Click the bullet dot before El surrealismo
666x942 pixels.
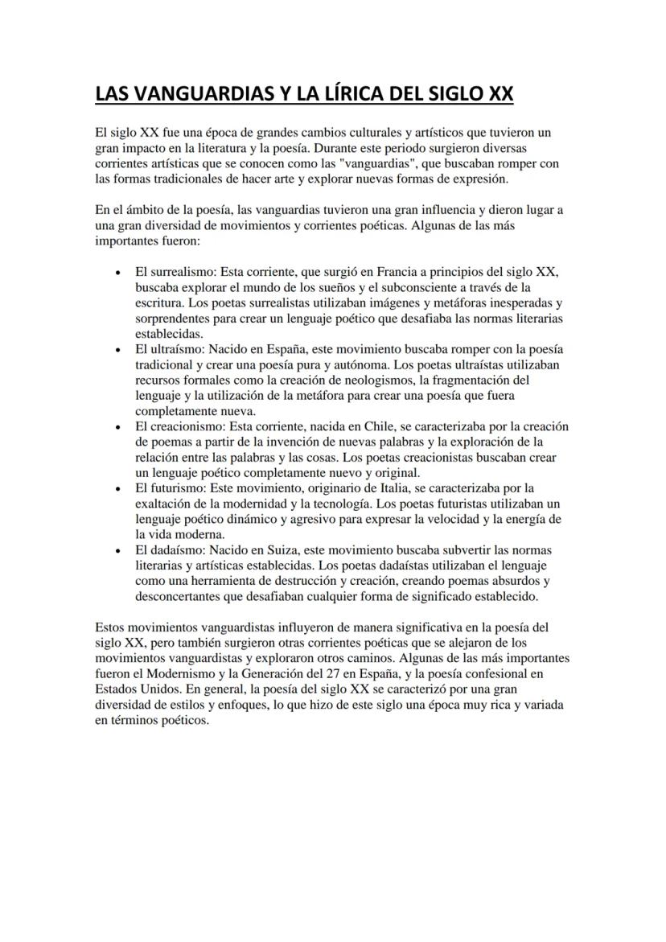click(119, 274)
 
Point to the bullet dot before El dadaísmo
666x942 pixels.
click(119, 550)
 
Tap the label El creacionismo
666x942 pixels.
click(182, 426)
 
